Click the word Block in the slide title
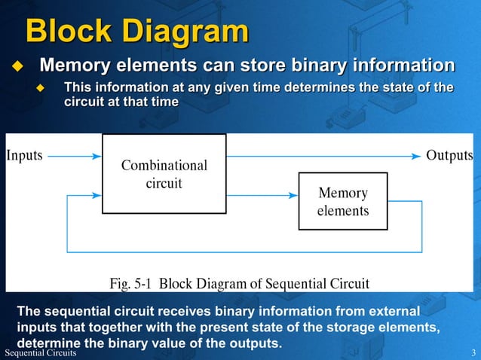tap(71, 32)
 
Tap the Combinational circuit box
tap(164, 174)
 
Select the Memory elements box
tap(342, 202)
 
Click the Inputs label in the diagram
tap(25, 156)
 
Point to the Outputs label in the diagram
tap(449, 156)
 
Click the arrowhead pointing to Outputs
tap(415, 156)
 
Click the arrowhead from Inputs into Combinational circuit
tap(96, 156)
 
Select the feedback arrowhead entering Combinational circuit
tap(96, 196)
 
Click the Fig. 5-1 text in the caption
tap(133, 284)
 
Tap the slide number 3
tap(473, 353)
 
